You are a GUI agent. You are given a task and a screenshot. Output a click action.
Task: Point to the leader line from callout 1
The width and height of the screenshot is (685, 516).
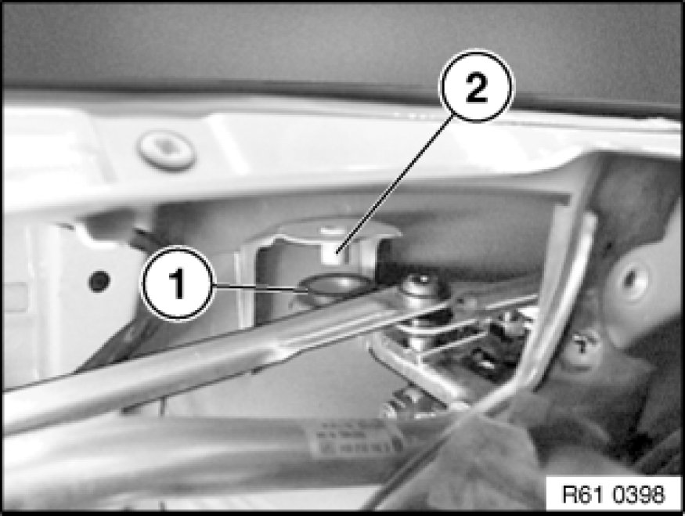(258, 288)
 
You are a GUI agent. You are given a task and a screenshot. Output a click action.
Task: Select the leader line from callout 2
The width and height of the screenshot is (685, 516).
(393, 187)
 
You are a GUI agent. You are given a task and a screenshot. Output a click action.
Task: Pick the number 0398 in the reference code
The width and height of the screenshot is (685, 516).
(638, 495)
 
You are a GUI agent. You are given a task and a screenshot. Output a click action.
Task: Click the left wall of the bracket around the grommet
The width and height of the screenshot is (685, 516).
(247, 284)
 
